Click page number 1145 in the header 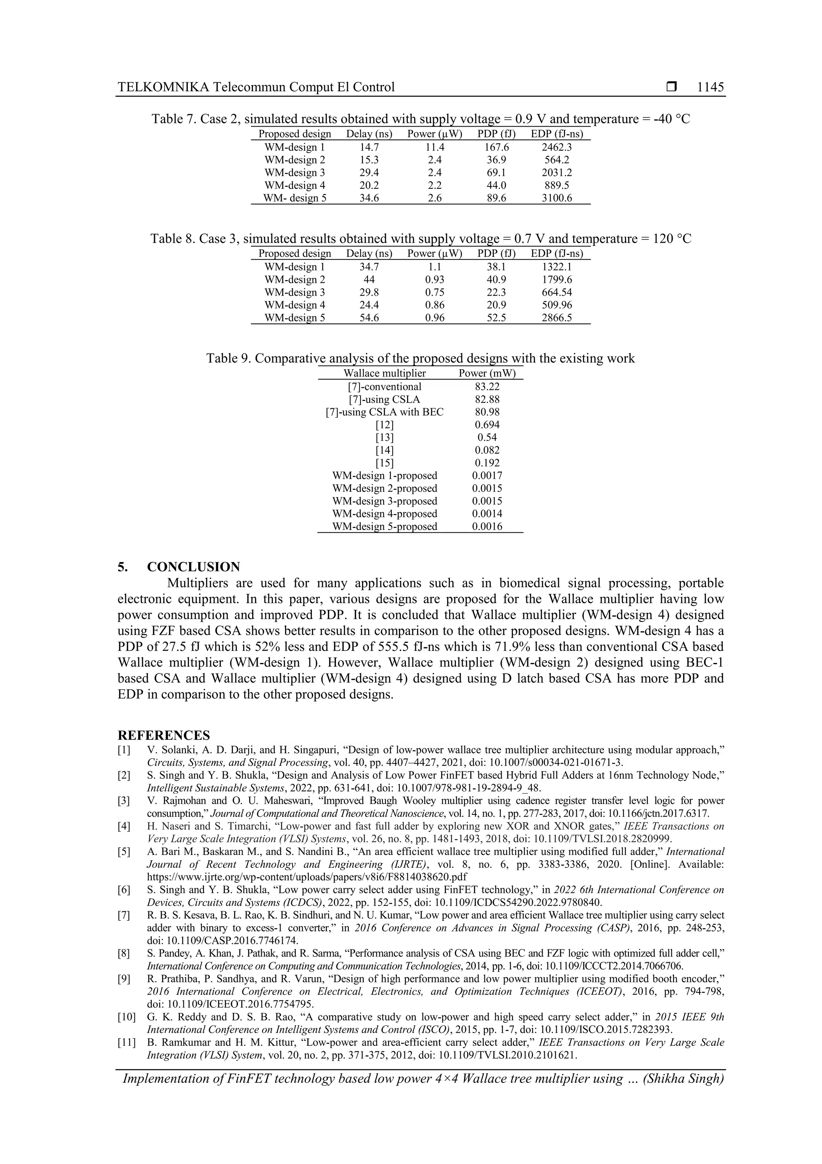[710, 87]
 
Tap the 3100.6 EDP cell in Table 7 [557, 198]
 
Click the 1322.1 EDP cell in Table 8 [557, 267]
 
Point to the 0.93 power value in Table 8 [435, 280]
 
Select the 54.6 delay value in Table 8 [369, 318]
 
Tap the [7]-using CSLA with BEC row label [385, 412]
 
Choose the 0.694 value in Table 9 [487, 425]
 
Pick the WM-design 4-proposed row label [385, 513]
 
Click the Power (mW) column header [487, 374]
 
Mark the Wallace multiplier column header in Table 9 [385, 374]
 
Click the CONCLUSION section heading [193, 567]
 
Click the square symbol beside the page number [671, 87]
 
